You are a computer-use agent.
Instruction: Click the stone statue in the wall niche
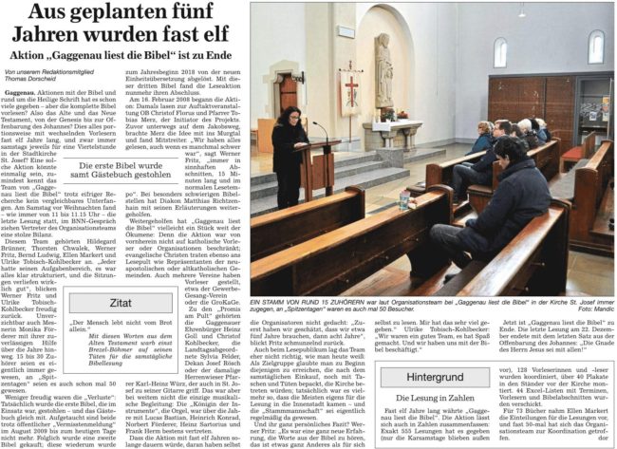tap(385, 62)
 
